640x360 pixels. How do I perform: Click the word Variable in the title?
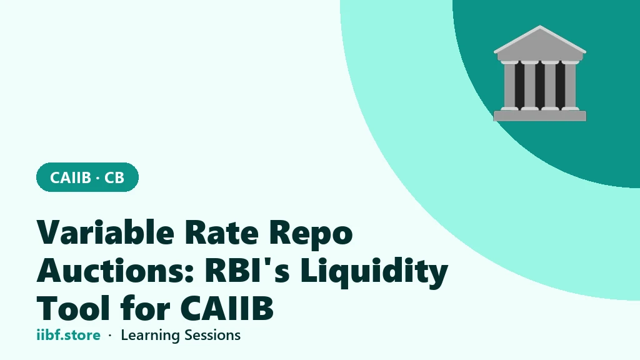[105, 232]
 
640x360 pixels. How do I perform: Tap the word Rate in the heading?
[222, 232]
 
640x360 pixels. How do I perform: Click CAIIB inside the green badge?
[70, 177]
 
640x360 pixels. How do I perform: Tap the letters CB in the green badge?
[114, 177]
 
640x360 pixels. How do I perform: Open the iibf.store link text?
[69, 335]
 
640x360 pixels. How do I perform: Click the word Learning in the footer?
[151, 336]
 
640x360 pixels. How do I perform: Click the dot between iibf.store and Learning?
[110, 336]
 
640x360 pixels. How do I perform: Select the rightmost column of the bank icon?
[570, 85]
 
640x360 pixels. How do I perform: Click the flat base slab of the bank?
[540, 116]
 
